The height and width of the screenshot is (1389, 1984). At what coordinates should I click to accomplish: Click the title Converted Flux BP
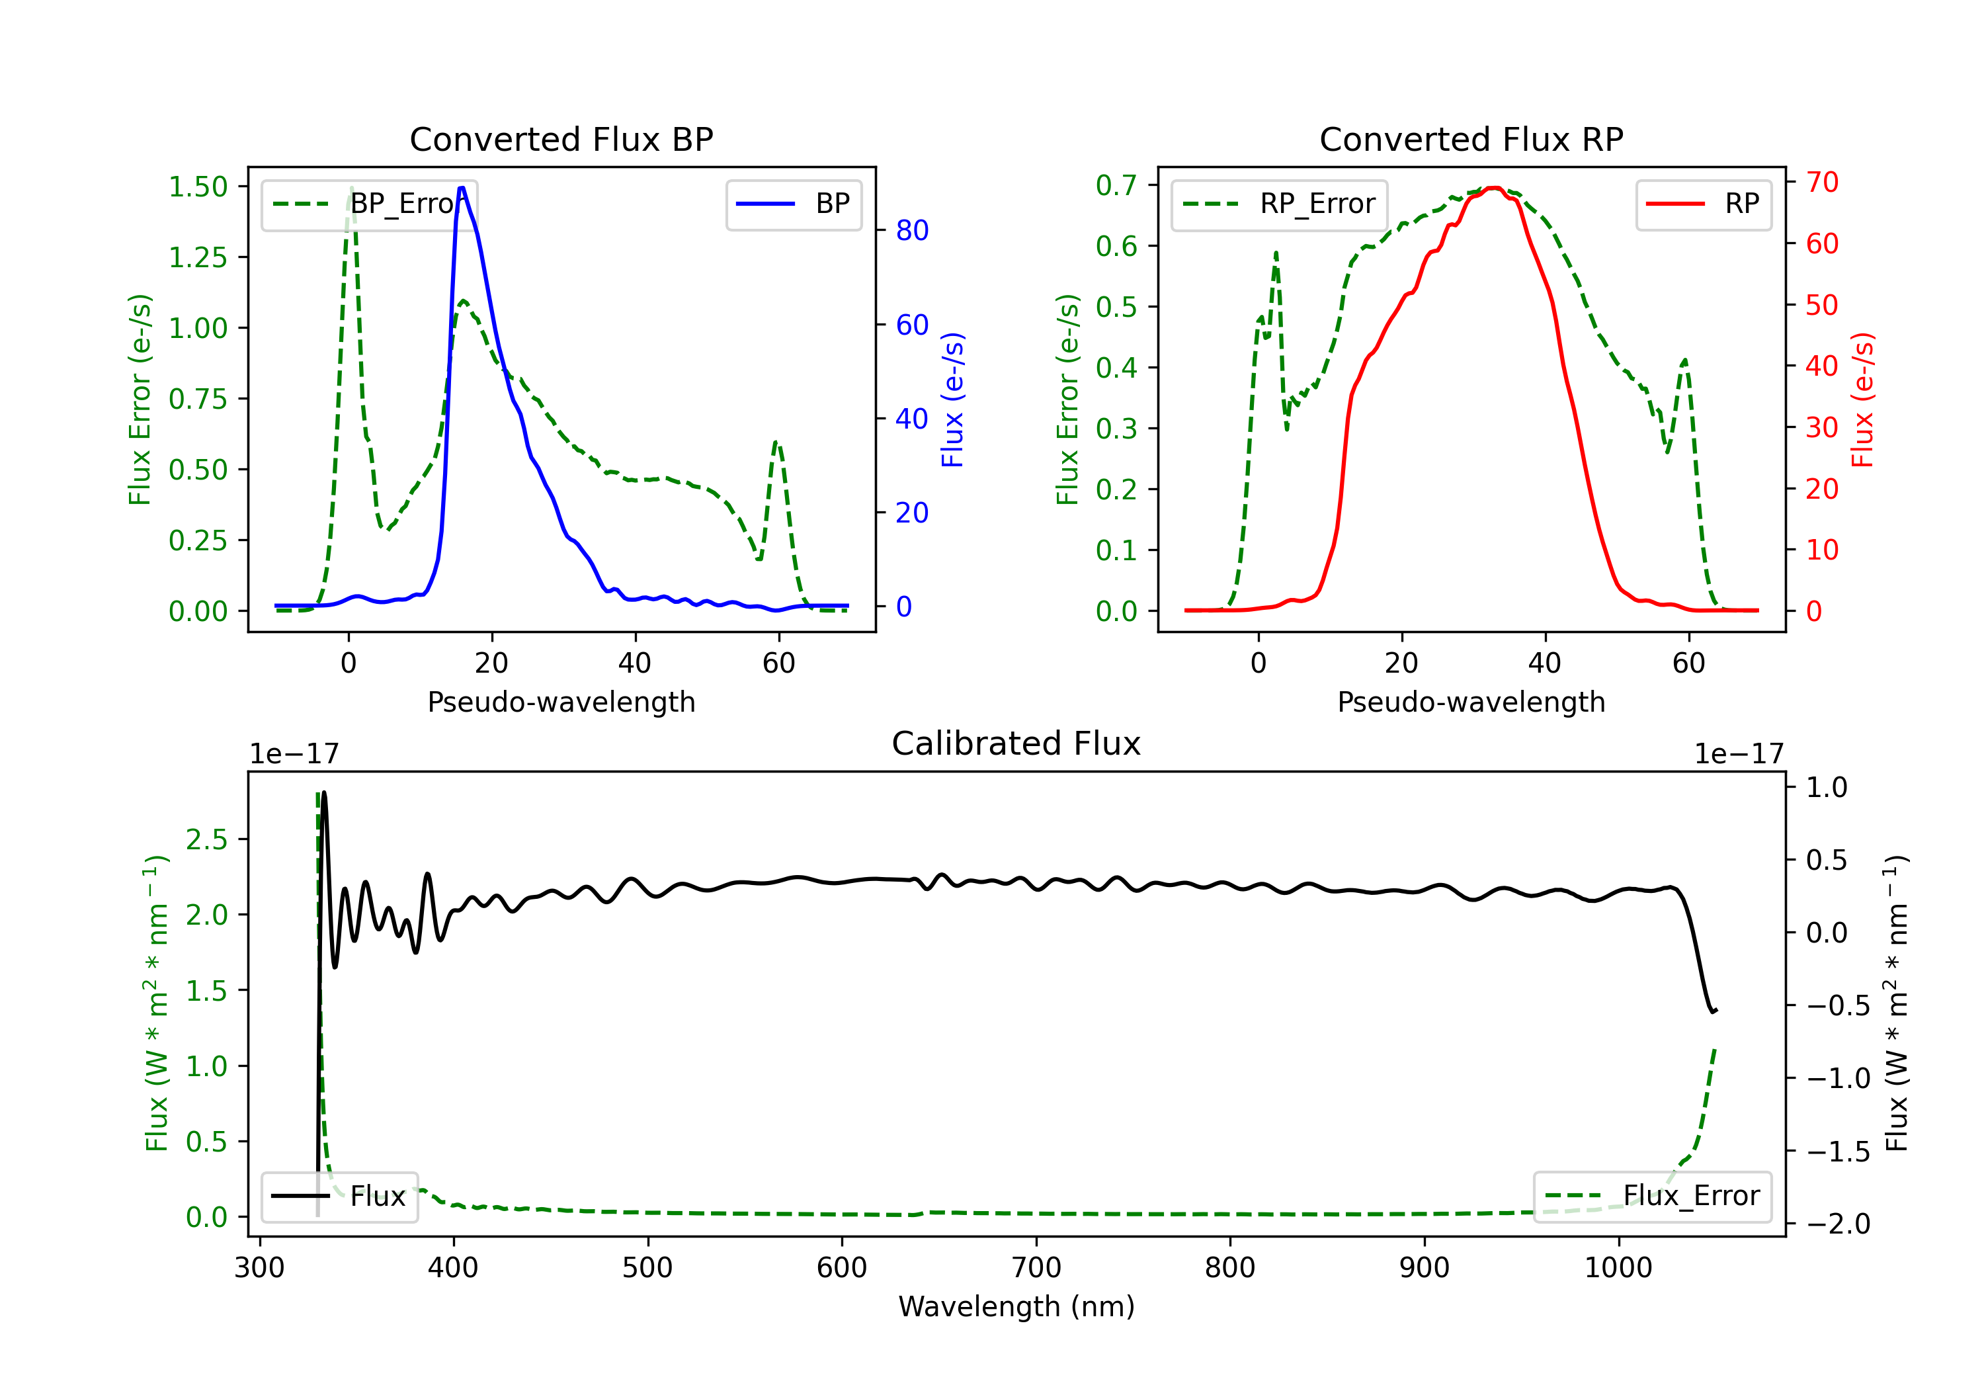(561, 139)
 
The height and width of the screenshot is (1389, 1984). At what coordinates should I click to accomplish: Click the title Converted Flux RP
(1471, 139)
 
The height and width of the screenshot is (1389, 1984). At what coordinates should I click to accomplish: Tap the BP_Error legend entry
(370, 204)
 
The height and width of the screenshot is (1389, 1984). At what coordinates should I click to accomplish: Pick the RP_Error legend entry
(1280, 204)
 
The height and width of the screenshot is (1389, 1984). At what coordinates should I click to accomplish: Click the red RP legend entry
(1703, 204)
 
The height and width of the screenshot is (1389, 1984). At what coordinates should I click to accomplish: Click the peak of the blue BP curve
(462, 189)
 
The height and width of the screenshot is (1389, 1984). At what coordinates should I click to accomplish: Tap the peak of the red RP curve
(1493, 189)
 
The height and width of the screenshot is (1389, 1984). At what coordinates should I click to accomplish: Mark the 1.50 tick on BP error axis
(198, 187)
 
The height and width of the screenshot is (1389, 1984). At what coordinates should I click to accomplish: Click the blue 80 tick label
(911, 230)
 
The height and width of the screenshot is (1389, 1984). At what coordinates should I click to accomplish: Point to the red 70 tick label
(1821, 183)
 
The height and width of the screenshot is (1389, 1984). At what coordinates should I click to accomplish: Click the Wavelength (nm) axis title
(1016, 1306)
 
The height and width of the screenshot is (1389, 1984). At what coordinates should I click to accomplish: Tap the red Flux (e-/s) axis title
(1863, 400)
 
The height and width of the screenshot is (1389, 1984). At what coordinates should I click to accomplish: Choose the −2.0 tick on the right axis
(1837, 1224)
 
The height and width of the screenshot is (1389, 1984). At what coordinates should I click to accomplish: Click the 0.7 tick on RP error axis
(1116, 185)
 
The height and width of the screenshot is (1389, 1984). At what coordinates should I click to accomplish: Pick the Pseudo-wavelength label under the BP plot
(561, 702)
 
